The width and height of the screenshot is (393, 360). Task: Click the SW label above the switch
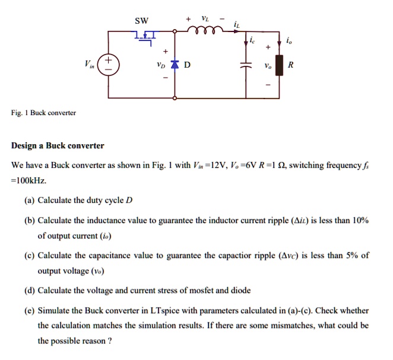[141, 21]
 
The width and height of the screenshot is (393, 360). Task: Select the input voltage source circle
[109, 64]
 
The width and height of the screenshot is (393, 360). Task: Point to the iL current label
[237, 25]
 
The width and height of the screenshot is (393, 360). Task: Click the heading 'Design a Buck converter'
[58, 145]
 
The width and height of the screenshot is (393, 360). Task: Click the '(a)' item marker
[29, 200]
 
